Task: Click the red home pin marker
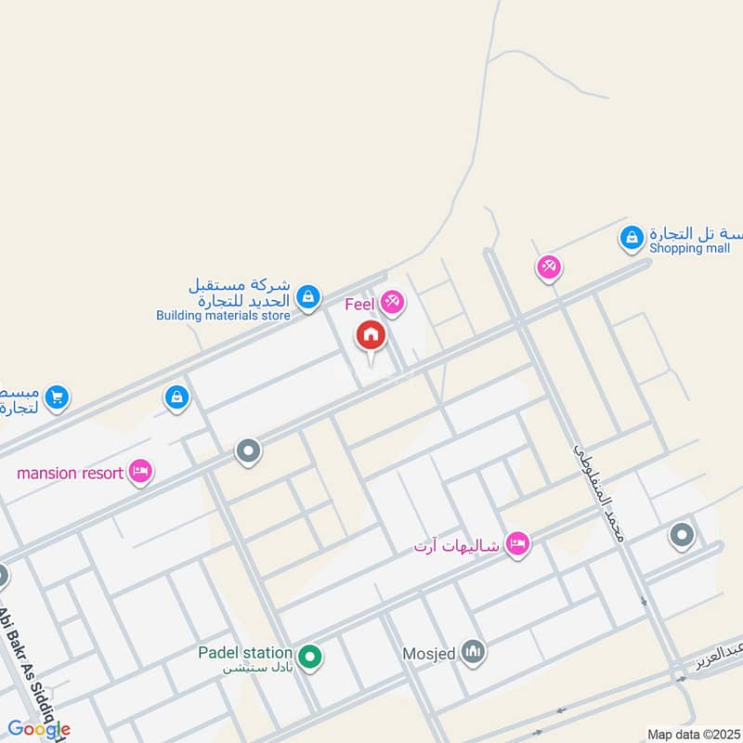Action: tap(371, 336)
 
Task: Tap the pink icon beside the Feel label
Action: tap(392, 302)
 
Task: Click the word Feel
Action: tap(360, 304)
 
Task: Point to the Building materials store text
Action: tap(223, 316)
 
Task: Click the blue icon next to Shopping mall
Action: tap(632, 239)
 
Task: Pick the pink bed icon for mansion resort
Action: tap(141, 473)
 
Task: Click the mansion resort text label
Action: tap(71, 474)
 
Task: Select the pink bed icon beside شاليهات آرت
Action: tap(517, 544)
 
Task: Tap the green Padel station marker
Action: tap(311, 658)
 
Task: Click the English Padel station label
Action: tap(245, 653)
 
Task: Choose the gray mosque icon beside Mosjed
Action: tap(474, 653)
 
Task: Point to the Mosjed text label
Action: tap(429, 654)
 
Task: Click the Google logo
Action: tap(39, 729)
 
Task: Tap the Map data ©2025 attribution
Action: tap(694, 734)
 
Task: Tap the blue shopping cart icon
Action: tap(57, 398)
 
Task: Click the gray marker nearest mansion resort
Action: tap(247, 452)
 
